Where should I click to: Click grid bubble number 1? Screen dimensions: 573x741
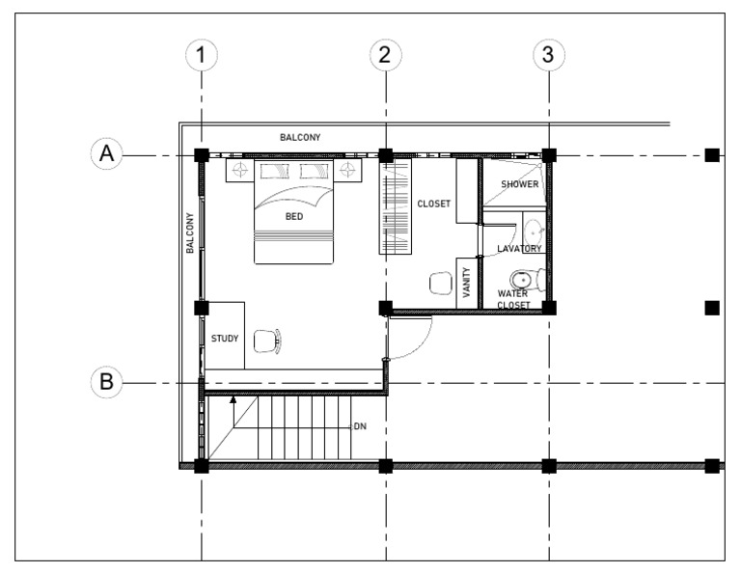pos(201,56)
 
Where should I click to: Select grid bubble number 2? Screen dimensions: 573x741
pos(385,56)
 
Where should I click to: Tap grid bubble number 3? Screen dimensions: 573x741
pos(549,56)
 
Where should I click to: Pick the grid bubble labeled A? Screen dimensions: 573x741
pos(107,154)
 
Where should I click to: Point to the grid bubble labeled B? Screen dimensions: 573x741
pos(107,382)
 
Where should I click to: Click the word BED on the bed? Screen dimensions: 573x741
pos(294,217)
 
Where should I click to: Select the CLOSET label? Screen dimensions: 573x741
pos(433,205)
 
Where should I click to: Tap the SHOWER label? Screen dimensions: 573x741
pos(519,184)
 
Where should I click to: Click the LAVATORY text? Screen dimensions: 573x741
pos(519,249)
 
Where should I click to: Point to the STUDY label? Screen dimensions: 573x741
pos(225,339)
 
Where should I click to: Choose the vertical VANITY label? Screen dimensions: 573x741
pos(467,283)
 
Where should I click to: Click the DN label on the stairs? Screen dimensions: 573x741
pos(361,425)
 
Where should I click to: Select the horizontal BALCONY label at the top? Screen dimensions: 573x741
pos(300,138)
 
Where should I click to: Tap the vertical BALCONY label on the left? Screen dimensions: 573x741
pos(190,232)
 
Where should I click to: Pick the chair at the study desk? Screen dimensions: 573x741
pos(267,339)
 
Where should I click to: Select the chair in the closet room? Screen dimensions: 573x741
pos(439,283)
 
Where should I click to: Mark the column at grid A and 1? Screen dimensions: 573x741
pos(201,154)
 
